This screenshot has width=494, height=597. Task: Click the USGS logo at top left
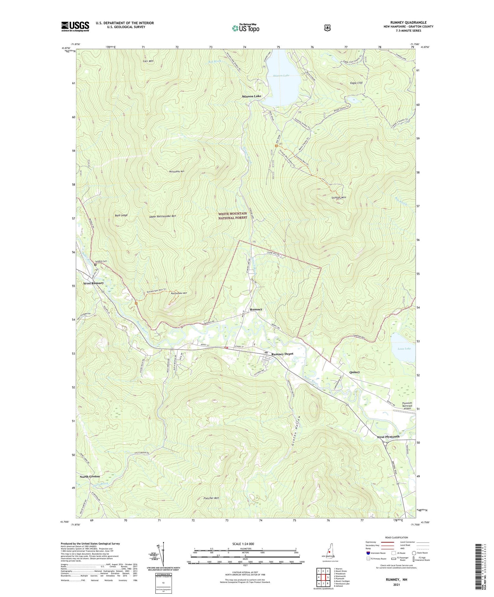75,26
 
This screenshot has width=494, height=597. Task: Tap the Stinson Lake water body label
281,76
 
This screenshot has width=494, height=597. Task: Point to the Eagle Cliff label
356,83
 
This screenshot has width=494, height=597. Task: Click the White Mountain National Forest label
233,216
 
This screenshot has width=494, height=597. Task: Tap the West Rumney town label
93,283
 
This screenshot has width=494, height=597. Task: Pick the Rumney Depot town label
282,354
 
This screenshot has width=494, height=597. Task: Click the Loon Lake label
404,348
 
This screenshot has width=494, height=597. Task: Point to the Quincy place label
355,372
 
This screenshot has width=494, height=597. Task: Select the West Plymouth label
388,437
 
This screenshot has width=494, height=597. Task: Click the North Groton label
90,476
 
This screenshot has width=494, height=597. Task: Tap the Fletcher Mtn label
211,498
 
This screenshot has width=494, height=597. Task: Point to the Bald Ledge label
121,215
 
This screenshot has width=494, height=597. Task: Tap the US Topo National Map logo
245,28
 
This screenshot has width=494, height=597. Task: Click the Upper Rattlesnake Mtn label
162,216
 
